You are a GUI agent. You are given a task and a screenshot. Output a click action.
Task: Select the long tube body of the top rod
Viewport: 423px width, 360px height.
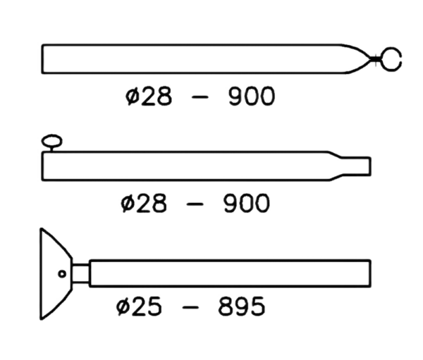190,58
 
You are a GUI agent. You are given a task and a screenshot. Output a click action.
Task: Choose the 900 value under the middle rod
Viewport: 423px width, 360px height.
243,204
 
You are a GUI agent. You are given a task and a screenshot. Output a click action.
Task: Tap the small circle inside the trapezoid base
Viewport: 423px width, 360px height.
61,273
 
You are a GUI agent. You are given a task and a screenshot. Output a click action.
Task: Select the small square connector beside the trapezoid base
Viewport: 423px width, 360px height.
80,271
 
